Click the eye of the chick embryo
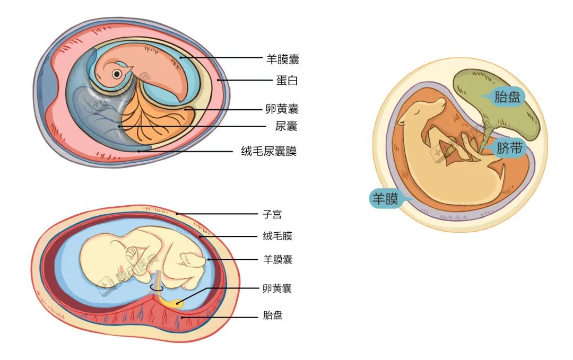(x=116, y=74)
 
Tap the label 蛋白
(x=286, y=81)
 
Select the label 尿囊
(x=286, y=126)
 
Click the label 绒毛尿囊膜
(x=268, y=152)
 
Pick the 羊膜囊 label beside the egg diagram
(x=283, y=59)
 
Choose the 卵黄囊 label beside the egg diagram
(x=282, y=109)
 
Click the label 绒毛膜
(x=277, y=236)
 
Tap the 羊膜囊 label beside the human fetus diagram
(x=277, y=259)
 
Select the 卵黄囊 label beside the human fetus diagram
(x=277, y=288)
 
